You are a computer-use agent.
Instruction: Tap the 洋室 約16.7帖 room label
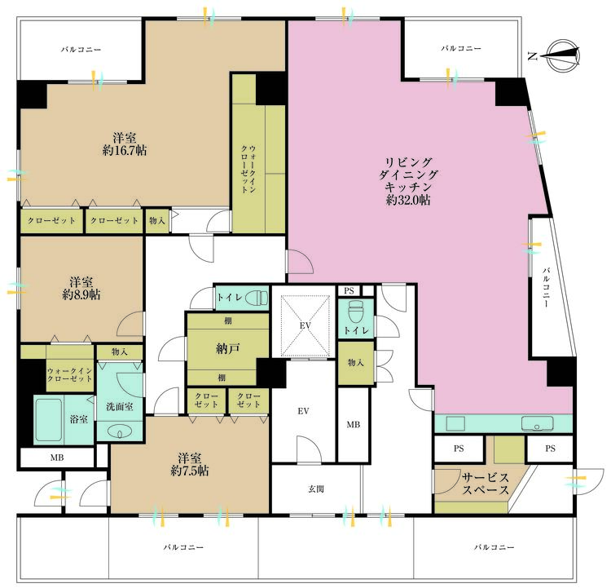click(x=125, y=144)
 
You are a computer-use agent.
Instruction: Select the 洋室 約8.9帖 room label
click(x=81, y=288)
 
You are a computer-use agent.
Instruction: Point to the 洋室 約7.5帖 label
click(x=190, y=464)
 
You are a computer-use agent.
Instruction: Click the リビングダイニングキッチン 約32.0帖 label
click(x=408, y=181)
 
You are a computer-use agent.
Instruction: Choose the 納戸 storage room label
click(x=227, y=348)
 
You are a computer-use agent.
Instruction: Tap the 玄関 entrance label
click(x=316, y=489)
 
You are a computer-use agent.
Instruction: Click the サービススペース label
click(x=486, y=484)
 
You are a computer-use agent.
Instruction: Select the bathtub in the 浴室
click(x=48, y=420)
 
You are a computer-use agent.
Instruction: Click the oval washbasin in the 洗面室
click(x=120, y=432)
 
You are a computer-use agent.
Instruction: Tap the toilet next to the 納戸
click(x=259, y=298)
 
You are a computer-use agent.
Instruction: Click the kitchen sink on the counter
click(x=537, y=423)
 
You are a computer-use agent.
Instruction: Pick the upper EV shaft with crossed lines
click(x=305, y=325)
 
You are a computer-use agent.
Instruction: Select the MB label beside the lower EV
click(x=353, y=424)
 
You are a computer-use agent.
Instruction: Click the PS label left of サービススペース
click(x=459, y=449)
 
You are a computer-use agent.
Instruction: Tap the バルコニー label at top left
click(x=81, y=50)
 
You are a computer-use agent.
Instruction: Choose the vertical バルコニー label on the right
click(x=547, y=287)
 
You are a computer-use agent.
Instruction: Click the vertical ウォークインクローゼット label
click(x=248, y=169)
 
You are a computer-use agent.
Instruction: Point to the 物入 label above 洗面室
click(x=119, y=351)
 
